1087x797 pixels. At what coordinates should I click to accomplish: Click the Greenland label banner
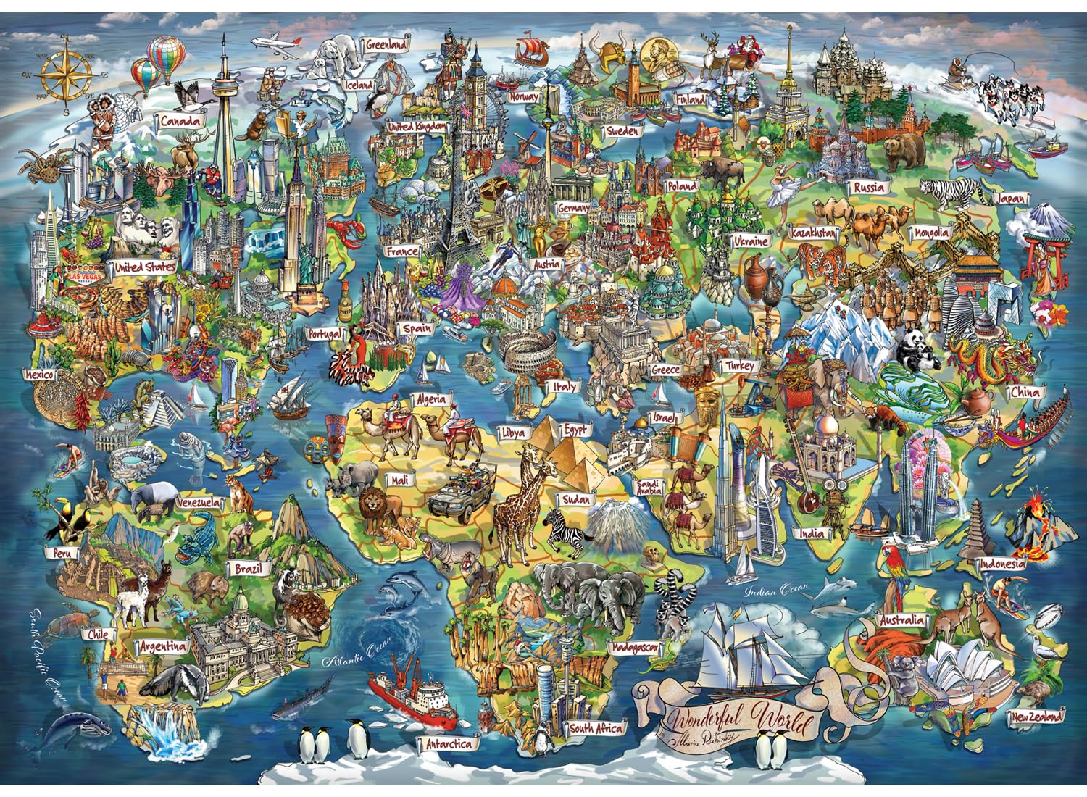386,45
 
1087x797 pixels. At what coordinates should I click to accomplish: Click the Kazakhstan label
814,234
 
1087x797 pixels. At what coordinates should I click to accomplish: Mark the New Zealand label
1039,717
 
